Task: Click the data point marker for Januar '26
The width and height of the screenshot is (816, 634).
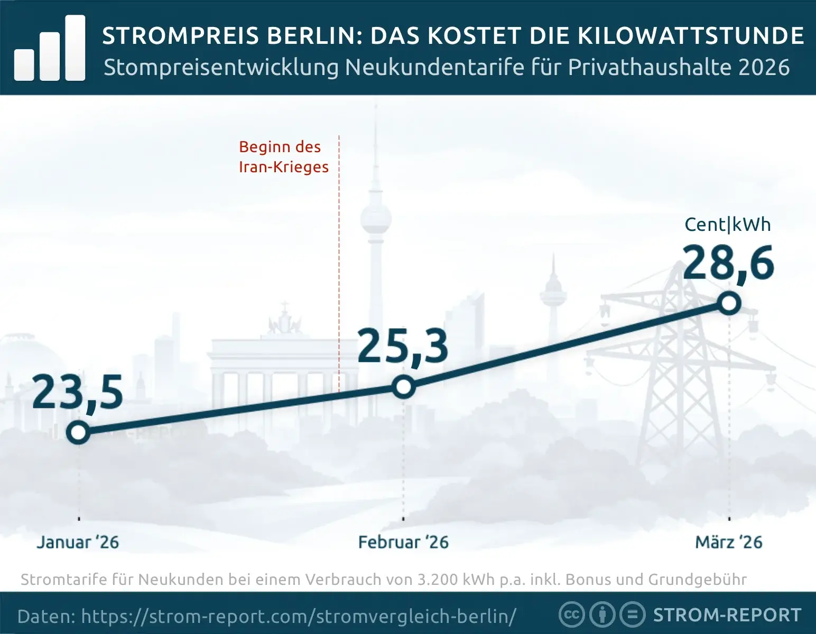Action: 78,433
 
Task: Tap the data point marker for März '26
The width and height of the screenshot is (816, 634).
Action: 729,304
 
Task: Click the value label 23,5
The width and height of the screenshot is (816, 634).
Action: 78,393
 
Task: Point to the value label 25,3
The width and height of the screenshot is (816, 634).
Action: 403,347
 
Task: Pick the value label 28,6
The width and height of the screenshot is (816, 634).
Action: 728,263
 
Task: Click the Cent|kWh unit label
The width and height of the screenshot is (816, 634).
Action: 727,225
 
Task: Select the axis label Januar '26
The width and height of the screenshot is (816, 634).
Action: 78,542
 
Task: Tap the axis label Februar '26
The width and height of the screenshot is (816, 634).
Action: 403,542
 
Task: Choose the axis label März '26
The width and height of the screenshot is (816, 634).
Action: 729,542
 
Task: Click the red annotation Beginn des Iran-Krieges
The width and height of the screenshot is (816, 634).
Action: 283,157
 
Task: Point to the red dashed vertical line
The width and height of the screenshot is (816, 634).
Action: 339,264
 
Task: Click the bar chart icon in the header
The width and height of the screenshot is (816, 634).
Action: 50,49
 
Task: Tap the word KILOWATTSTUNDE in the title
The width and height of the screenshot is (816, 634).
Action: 690,36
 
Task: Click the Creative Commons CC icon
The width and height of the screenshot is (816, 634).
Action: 571,615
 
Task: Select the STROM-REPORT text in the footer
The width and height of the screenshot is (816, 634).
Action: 727,615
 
